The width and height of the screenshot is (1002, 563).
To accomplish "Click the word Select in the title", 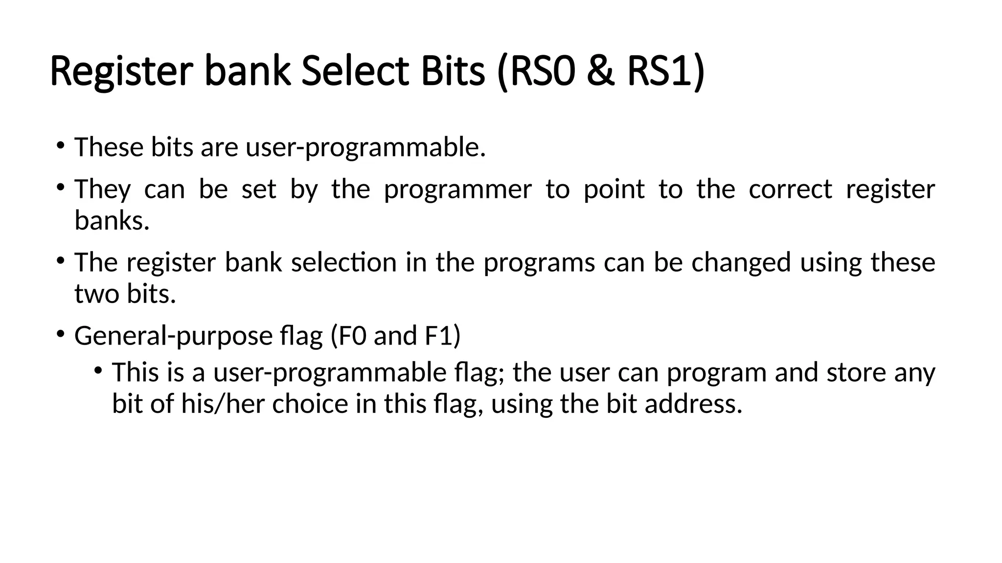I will click(x=355, y=72).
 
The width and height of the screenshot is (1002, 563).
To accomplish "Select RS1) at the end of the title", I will click(x=666, y=72).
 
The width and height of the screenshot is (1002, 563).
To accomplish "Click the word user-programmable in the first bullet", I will click(x=365, y=147).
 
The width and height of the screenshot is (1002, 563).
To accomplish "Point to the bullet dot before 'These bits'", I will click(x=60, y=145).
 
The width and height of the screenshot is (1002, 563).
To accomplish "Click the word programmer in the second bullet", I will click(x=457, y=190).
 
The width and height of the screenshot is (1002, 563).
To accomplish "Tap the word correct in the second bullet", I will click(x=790, y=190).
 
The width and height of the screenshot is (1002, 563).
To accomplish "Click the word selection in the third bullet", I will click(x=343, y=262).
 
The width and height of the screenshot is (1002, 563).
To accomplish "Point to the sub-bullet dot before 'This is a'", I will click(x=98, y=370).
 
